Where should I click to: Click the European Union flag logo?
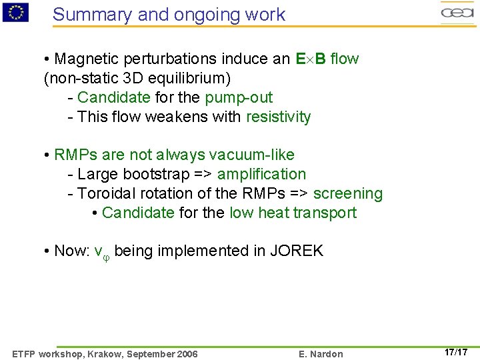(x=15, y=11)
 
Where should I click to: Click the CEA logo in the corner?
(x=457, y=12)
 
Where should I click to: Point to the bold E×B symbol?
(x=311, y=59)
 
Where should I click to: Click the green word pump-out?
(x=239, y=97)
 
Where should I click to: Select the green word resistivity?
(x=278, y=117)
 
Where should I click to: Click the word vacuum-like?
(x=251, y=155)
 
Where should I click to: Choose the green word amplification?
(x=261, y=175)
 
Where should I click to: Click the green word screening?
(x=348, y=194)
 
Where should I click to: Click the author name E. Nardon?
(x=321, y=354)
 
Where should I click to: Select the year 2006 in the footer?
(x=186, y=354)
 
